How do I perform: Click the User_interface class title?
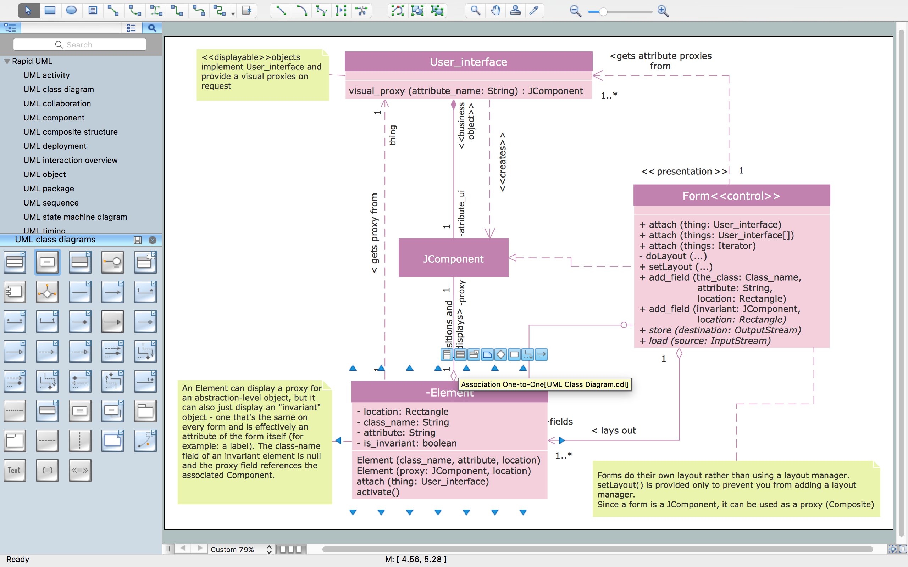468,62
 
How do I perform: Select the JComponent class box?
453,258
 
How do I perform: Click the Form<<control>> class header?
731,196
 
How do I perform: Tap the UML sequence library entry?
51,203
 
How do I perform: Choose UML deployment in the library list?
55,146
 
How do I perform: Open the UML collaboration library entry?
57,103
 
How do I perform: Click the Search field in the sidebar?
79,45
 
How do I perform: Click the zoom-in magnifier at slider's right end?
663,11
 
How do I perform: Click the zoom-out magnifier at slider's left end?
575,11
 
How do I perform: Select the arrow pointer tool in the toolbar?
28,11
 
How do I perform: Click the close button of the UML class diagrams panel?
152,240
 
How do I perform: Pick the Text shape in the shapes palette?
15,470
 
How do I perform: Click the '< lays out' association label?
614,431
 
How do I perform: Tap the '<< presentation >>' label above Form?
684,172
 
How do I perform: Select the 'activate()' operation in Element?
378,492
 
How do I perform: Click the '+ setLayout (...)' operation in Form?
676,267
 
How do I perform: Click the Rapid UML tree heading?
32,61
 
